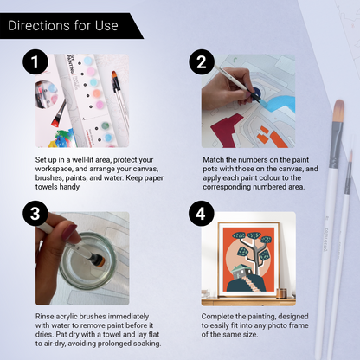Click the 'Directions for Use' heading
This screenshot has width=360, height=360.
(62, 25)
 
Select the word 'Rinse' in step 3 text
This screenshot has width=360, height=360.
(46, 316)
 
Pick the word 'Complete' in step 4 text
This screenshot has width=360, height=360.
(220, 316)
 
